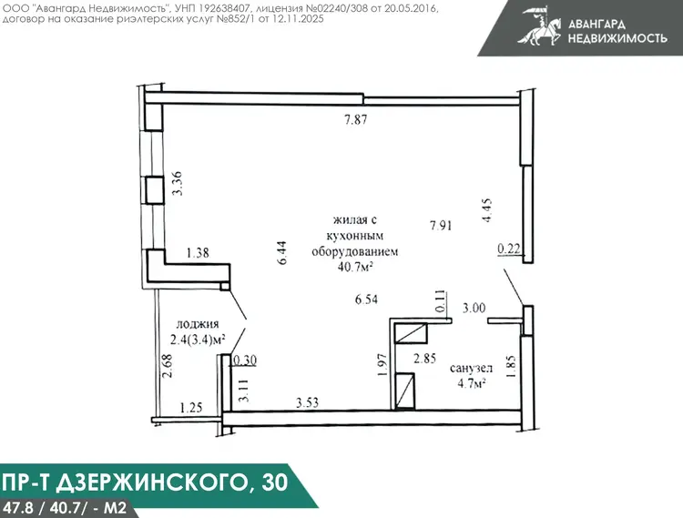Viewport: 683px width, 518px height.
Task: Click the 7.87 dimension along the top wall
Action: coord(356,119)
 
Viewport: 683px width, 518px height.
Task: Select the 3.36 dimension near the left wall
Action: coord(178,184)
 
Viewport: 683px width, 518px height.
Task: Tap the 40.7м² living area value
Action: coord(355,267)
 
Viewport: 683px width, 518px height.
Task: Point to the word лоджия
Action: coord(198,324)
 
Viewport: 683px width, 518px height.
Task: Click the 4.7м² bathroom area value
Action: coord(472,384)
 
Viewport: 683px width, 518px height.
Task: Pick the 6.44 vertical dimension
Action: coord(282,253)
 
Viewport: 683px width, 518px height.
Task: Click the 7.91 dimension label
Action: coord(441,226)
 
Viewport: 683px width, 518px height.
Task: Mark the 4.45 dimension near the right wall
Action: coord(486,210)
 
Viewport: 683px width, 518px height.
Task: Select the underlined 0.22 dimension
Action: coord(509,249)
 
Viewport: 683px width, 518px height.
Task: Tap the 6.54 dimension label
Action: coord(366,299)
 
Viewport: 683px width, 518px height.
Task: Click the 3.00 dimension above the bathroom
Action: coord(474,308)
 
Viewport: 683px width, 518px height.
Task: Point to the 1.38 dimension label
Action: coord(198,252)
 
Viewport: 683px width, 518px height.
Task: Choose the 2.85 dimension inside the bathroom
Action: coord(424,359)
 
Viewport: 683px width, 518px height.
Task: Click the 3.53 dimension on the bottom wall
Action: coord(307,402)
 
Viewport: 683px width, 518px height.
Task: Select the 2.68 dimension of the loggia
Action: coord(167,366)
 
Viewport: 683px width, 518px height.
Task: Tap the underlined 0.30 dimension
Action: coord(245,361)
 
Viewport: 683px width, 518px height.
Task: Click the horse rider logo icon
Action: coord(540,28)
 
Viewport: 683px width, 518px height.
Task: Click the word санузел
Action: coord(472,369)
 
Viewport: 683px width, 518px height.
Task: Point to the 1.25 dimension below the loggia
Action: coord(191,408)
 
